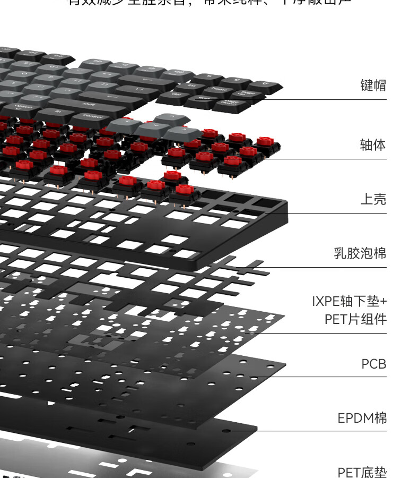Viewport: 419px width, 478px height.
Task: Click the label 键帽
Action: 373,86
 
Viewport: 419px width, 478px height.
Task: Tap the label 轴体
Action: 373,145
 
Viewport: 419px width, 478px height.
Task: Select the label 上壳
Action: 373,200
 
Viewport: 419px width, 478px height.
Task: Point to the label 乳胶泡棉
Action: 360,253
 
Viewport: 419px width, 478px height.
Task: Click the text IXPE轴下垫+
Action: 349,302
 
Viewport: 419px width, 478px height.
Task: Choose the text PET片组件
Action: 355,320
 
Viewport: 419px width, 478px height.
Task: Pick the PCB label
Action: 373,364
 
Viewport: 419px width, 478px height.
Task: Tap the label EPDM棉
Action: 362,419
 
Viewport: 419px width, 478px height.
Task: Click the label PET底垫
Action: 362,472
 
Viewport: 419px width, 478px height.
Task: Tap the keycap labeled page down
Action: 232,104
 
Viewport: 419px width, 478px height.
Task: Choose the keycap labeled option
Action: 24,107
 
